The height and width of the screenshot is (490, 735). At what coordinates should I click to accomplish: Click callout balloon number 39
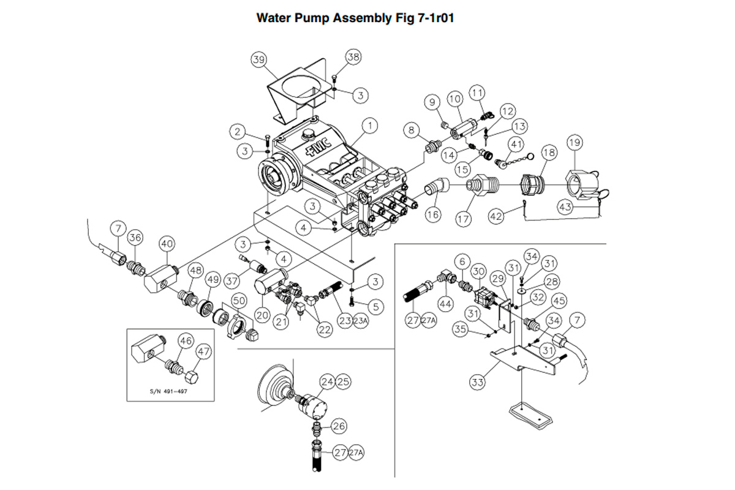(x=259, y=59)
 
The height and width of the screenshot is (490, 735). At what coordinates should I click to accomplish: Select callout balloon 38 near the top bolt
(x=353, y=58)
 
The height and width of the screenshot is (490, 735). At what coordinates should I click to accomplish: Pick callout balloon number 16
(x=433, y=215)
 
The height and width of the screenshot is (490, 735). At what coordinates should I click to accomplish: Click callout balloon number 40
(x=167, y=244)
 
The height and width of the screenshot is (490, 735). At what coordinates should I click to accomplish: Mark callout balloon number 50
(x=238, y=301)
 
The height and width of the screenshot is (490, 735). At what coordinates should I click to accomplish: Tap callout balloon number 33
(x=477, y=383)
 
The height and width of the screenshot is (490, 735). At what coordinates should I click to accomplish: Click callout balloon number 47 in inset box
(x=203, y=352)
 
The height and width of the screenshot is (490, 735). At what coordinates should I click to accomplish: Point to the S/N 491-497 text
(x=168, y=391)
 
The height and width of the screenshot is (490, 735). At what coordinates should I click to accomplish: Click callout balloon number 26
(x=339, y=425)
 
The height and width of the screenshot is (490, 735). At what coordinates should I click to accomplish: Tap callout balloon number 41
(x=516, y=145)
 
